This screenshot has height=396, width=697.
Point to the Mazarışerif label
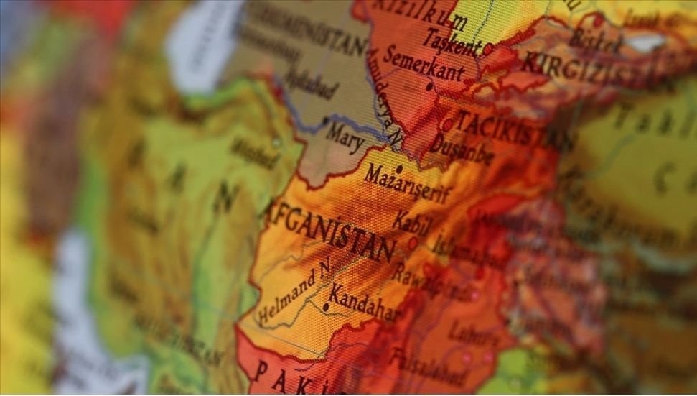408,184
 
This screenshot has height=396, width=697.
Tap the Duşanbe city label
462,148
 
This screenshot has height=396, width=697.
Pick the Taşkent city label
451,41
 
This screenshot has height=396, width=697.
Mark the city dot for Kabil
413,244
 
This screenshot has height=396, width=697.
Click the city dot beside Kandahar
325,307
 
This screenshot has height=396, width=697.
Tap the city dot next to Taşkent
488,49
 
